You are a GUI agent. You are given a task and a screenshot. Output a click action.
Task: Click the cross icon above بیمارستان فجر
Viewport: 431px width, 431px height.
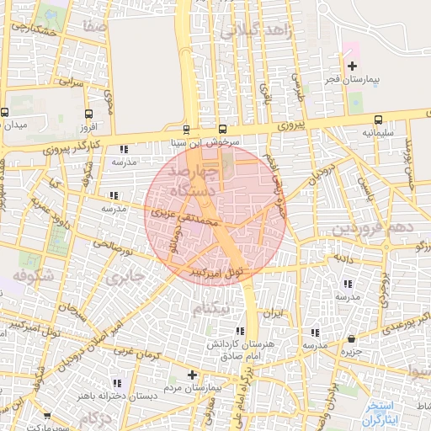(352, 66)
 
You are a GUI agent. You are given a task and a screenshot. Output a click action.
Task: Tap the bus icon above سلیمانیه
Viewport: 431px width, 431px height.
(377, 120)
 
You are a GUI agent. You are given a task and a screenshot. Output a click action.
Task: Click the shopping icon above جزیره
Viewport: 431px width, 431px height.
(350, 339)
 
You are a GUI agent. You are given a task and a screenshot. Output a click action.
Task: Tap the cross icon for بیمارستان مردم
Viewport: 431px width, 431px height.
(192, 375)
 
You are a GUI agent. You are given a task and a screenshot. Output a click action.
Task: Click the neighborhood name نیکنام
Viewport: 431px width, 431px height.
(210, 309)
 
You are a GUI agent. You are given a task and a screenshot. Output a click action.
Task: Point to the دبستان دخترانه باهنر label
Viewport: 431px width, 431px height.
(102, 394)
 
